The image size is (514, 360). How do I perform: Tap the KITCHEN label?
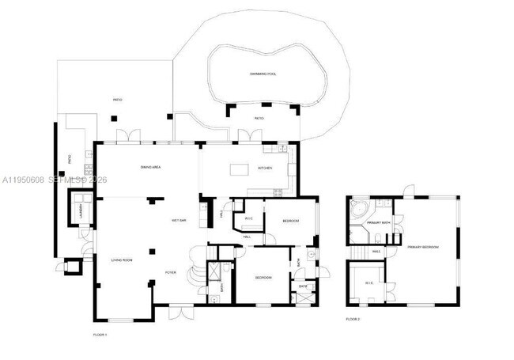[x=265, y=168]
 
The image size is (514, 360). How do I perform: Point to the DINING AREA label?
[x=151, y=168]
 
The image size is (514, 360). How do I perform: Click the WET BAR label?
[x=179, y=220]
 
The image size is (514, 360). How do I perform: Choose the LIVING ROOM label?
[x=122, y=260]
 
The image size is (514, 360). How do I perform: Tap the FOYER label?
[x=170, y=272]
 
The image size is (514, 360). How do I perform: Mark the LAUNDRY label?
[x=79, y=210]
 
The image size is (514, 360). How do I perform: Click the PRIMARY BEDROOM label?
[x=423, y=247]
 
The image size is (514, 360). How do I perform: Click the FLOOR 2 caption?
[x=353, y=319]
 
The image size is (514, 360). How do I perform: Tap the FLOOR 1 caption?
[x=100, y=335]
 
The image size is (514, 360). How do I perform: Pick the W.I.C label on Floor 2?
[x=368, y=282]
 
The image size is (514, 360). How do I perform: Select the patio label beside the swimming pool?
[x=259, y=119]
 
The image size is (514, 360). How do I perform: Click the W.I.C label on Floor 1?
[x=248, y=218]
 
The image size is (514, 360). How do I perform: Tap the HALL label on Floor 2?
[x=376, y=251]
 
